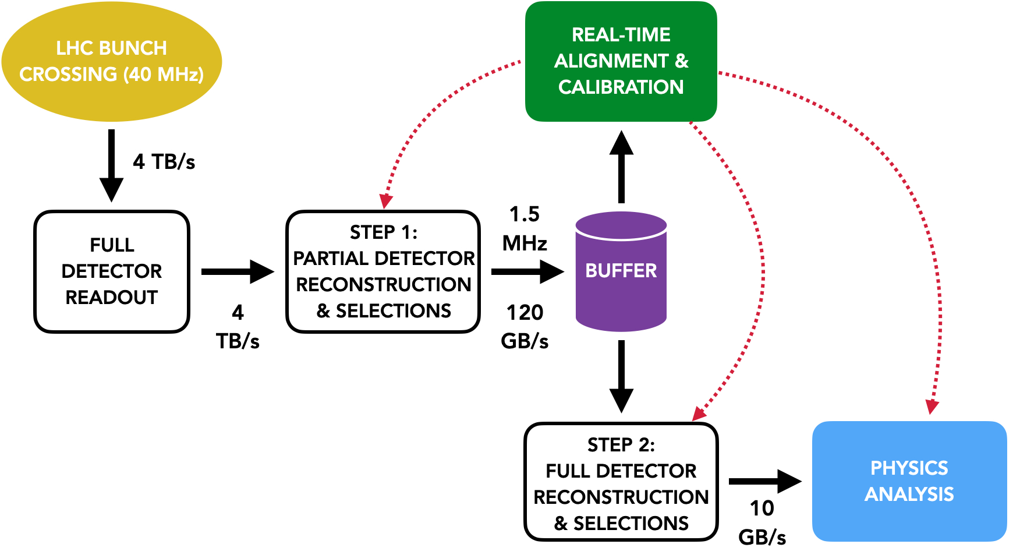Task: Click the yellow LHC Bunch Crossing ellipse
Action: click(x=111, y=61)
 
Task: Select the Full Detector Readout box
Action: click(x=112, y=271)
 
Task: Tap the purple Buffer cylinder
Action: click(x=621, y=271)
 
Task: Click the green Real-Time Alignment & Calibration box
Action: click(x=621, y=61)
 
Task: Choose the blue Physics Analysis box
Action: click(x=909, y=481)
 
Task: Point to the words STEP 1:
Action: click(x=383, y=232)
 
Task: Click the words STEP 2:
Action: click(x=621, y=445)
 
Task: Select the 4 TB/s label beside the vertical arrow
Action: click(x=164, y=161)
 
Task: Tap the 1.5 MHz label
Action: click(x=525, y=228)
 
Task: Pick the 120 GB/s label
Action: click(x=525, y=327)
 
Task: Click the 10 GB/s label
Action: click(x=762, y=522)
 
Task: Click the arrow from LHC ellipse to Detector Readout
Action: click(x=111, y=166)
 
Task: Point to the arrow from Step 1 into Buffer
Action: click(x=527, y=271)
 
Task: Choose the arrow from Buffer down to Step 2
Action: click(x=621, y=376)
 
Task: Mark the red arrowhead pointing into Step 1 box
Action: click(x=385, y=201)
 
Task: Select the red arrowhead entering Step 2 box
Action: click(x=699, y=414)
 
